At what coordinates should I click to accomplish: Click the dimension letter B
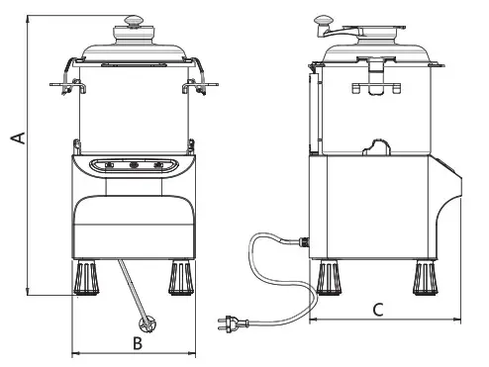click(x=139, y=343)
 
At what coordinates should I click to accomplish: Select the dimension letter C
click(x=378, y=309)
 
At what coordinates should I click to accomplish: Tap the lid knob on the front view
click(x=134, y=18)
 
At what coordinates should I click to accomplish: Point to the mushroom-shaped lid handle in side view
click(x=324, y=19)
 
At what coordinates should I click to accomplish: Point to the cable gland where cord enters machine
click(x=303, y=240)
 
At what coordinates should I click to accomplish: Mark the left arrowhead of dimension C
click(x=313, y=321)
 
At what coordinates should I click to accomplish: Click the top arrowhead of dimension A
click(x=30, y=19)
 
